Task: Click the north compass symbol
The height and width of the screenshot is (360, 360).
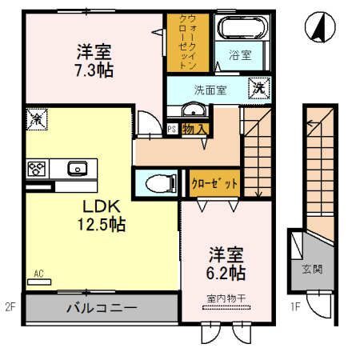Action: [x=318, y=30]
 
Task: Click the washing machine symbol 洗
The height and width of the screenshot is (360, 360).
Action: [x=260, y=87]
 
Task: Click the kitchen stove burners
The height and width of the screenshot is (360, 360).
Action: [x=37, y=168]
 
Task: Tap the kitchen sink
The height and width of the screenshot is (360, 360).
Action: [x=78, y=168]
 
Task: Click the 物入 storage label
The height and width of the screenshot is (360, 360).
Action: [x=195, y=129]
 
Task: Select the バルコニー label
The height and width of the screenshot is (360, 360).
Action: [x=101, y=307]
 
